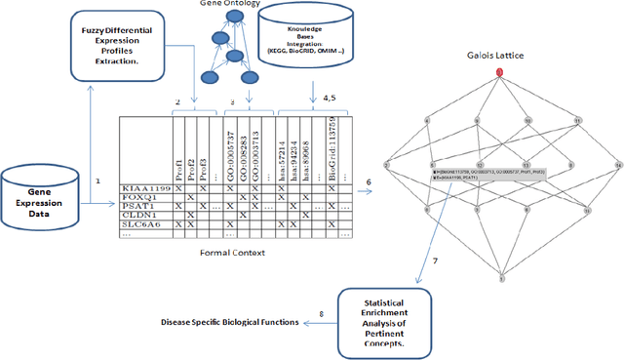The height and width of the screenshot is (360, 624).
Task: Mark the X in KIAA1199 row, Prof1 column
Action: pyautogui.click(x=177, y=186)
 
